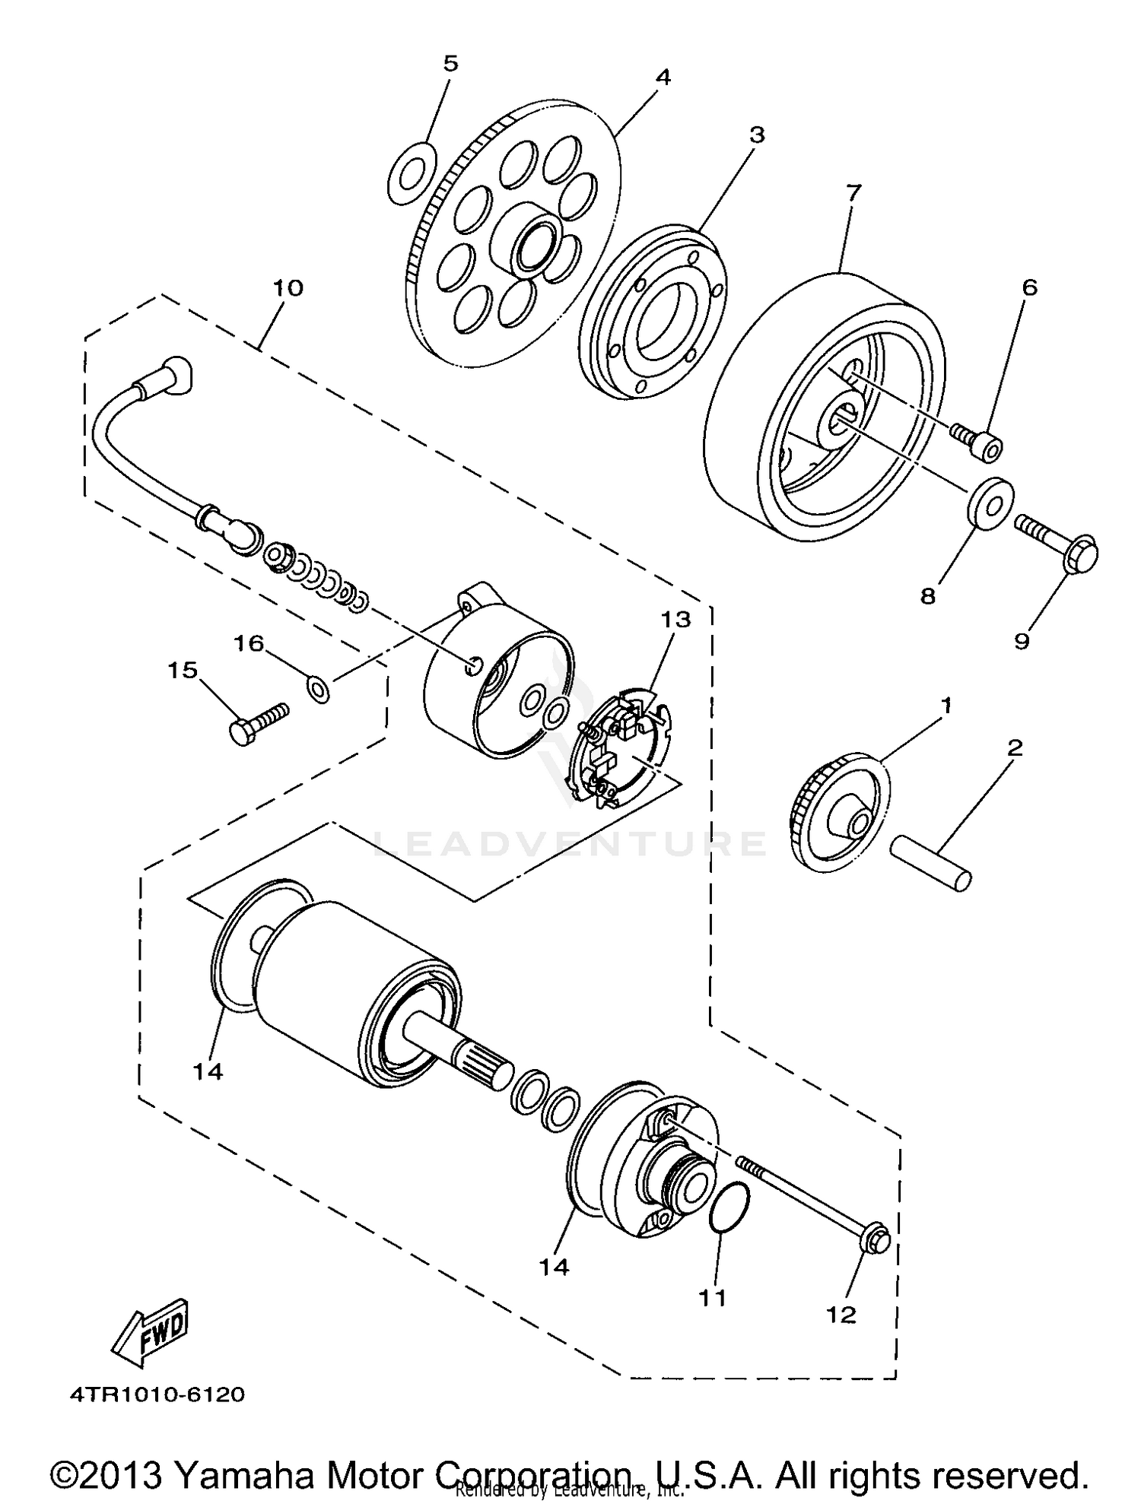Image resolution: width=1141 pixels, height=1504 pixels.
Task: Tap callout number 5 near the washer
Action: (x=450, y=64)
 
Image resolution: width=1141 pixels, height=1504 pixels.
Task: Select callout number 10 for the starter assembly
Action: (x=288, y=288)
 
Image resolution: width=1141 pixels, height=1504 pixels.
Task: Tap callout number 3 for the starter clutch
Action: (x=756, y=135)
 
